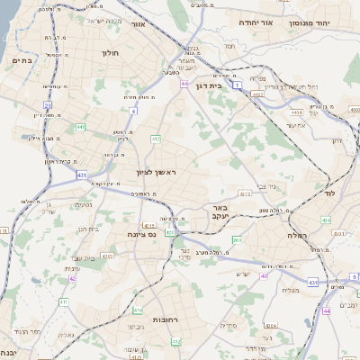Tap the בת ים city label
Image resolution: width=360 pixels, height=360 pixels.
pyautogui.click(x=21, y=60)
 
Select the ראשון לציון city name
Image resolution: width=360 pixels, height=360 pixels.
pyautogui.click(x=160, y=171)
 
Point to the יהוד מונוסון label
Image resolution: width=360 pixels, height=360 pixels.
pyautogui.click(x=335, y=22)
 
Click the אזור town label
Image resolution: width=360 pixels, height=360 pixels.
pyautogui.click(x=138, y=24)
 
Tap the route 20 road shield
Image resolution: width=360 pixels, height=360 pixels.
pyautogui.click(x=48, y=105)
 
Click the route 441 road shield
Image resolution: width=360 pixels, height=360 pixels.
pyautogui.click(x=81, y=128)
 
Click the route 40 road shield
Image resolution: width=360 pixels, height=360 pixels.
pyautogui.click(x=264, y=276)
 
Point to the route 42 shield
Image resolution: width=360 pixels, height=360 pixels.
pyautogui.click(x=72, y=278)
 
